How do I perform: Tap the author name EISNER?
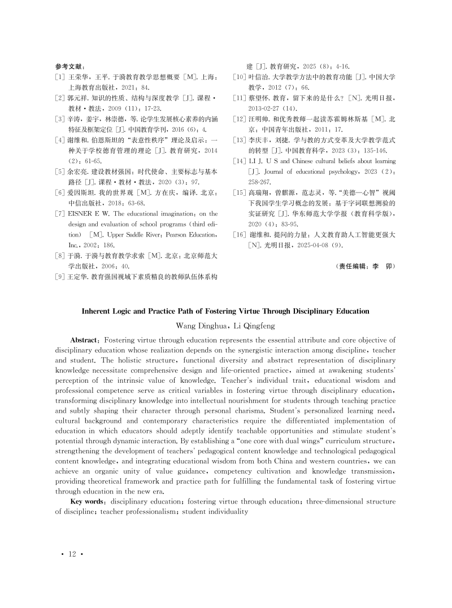(x=81, y=214)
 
